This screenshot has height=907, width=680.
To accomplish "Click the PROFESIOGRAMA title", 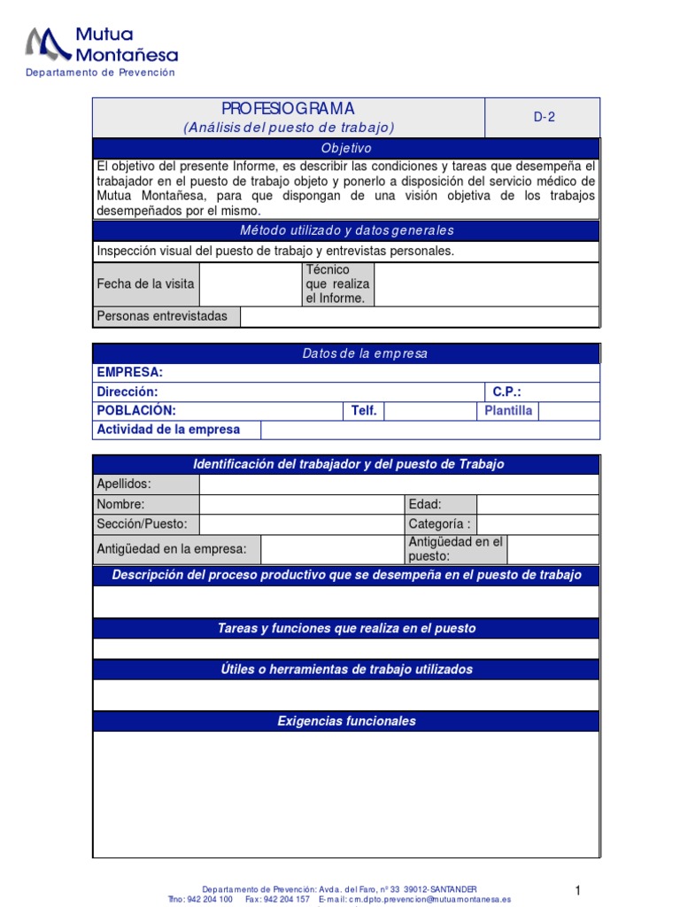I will point(288,109).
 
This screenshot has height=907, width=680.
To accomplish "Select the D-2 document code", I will point(544,117).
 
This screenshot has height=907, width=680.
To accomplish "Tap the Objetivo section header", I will point(346,149).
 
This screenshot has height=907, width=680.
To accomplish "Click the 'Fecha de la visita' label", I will point(144,284).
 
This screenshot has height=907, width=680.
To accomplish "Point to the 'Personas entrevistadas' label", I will point(162,316).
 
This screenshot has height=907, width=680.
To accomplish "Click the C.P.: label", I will point(506,391).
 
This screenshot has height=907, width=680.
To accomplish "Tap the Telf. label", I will point(364,411).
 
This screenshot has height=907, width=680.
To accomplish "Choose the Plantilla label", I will point(508,411).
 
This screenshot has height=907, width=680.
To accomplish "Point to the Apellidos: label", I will point(124,484).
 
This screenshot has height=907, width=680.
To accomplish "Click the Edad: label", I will point(425,504).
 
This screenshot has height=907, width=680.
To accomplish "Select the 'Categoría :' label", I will point(440,523).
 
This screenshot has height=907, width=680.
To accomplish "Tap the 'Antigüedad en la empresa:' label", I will point(172,549).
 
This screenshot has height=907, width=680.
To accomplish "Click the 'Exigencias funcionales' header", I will point(346,721).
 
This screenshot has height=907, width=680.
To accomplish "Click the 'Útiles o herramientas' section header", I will point(346,670).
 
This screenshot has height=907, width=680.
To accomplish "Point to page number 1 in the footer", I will point(576,890).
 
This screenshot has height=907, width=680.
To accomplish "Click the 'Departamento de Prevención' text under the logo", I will point(100,73).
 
